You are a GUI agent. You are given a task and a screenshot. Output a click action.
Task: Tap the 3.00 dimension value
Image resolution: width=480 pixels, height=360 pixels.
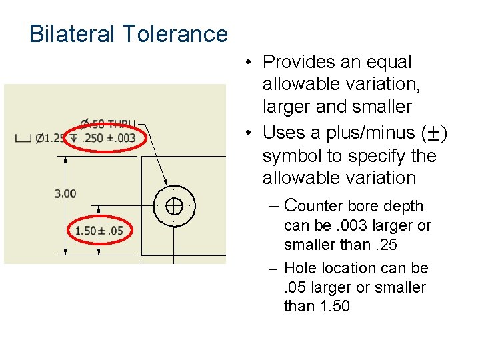[65, 194]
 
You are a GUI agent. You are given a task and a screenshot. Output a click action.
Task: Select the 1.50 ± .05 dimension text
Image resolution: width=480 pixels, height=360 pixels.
[99, 231]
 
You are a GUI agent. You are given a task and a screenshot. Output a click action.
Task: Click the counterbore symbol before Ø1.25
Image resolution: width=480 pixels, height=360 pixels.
[23, 139]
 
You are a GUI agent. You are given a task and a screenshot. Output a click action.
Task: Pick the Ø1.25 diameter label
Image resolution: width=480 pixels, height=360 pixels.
[51, 138]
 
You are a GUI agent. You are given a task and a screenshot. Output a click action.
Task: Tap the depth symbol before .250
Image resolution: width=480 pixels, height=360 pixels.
[73, 138]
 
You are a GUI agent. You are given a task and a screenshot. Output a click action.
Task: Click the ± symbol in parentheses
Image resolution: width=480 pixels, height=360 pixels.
[435, 133]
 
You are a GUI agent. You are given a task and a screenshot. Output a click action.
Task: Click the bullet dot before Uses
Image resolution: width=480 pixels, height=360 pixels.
[247, 133]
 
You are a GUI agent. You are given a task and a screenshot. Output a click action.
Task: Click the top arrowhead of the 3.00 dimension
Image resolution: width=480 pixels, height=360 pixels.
[65, 160]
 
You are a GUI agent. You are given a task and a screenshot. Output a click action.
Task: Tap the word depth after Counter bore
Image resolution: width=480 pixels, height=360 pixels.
[404, 206]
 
